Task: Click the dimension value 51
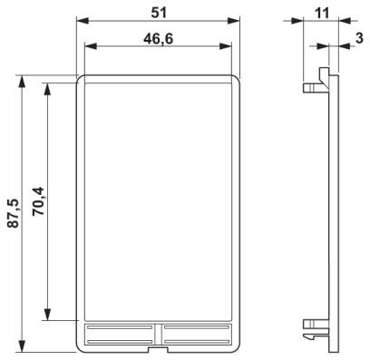(x=159, y=13)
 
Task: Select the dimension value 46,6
(x=159, y=39)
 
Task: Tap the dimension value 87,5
(x=14, y=213)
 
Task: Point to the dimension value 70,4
(x=38, y=201)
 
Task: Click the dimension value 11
(x=321, y=14)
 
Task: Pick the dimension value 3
(x=359, y=38)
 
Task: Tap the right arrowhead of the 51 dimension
(x=234, y=21)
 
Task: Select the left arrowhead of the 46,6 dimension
(x=91, y=46)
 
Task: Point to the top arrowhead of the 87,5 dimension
(x=22, y=82)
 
